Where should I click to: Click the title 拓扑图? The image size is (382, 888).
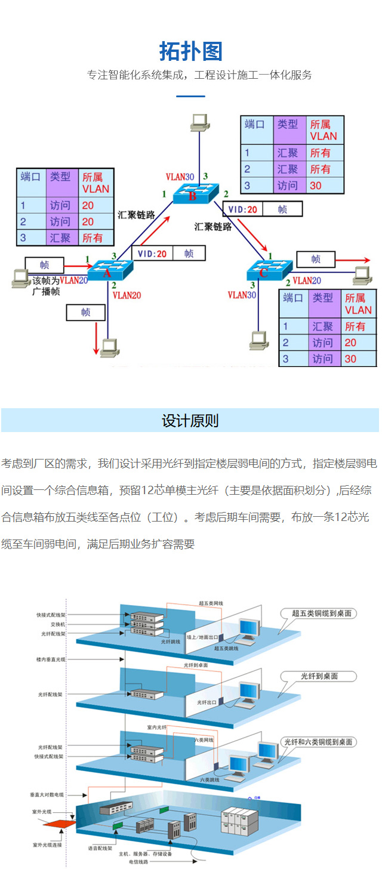tap(191, 51)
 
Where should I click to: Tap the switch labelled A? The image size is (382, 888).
tap(109, 270)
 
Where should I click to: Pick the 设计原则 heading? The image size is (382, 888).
tap(190, 421)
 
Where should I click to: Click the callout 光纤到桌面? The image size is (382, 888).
tap(319, 676)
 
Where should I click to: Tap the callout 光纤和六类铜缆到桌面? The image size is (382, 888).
tap(319, 742)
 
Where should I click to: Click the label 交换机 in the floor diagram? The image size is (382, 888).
tap(57, 624)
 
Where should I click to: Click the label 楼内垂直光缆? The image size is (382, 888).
tap(51, 659)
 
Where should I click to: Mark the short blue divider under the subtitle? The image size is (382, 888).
tap(190, 96)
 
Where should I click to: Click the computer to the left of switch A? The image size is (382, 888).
tap(20, 277)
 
